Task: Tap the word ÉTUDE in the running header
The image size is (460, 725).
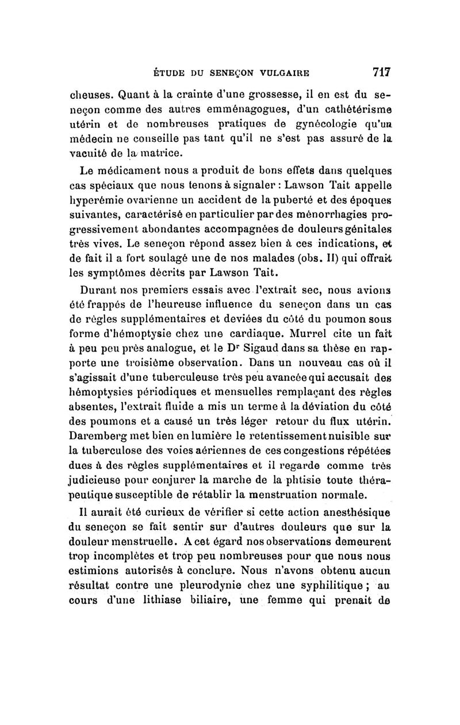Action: click(167, 74)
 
